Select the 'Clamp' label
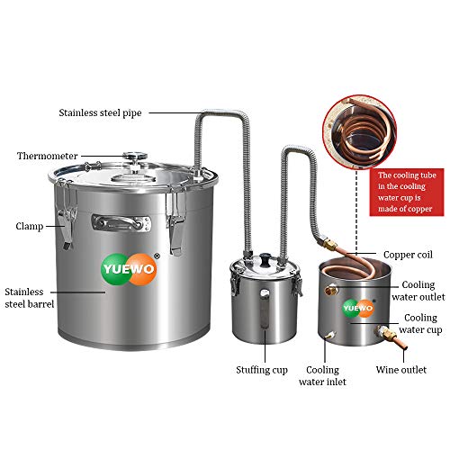[31, 226]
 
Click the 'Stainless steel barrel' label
[29, 298]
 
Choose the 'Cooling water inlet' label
[322, 375]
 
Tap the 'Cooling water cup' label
[420, 325]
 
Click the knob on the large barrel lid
[136, 162]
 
